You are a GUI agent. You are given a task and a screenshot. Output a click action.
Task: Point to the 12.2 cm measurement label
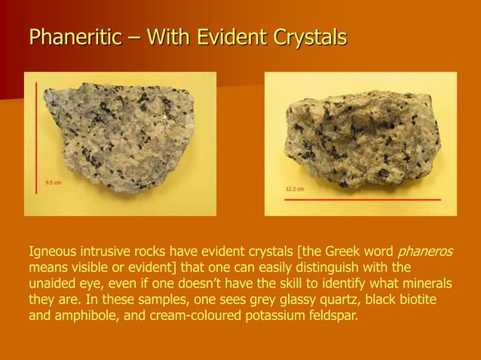point(294,188)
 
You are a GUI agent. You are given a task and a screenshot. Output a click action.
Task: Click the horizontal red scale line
point(363,200)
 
